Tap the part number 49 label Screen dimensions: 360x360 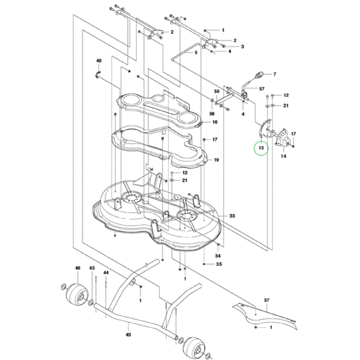99,60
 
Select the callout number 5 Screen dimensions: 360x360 196,53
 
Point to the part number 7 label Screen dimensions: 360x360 274,74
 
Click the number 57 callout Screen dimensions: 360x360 261,89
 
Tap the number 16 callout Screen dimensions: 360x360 214,122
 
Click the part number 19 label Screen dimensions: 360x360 217,160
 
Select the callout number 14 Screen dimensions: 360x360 283,157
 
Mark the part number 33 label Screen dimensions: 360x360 232,215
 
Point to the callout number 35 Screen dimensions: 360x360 219,265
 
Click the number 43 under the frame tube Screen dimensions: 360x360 128,335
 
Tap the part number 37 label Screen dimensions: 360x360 266,301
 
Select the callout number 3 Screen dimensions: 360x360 242,47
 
